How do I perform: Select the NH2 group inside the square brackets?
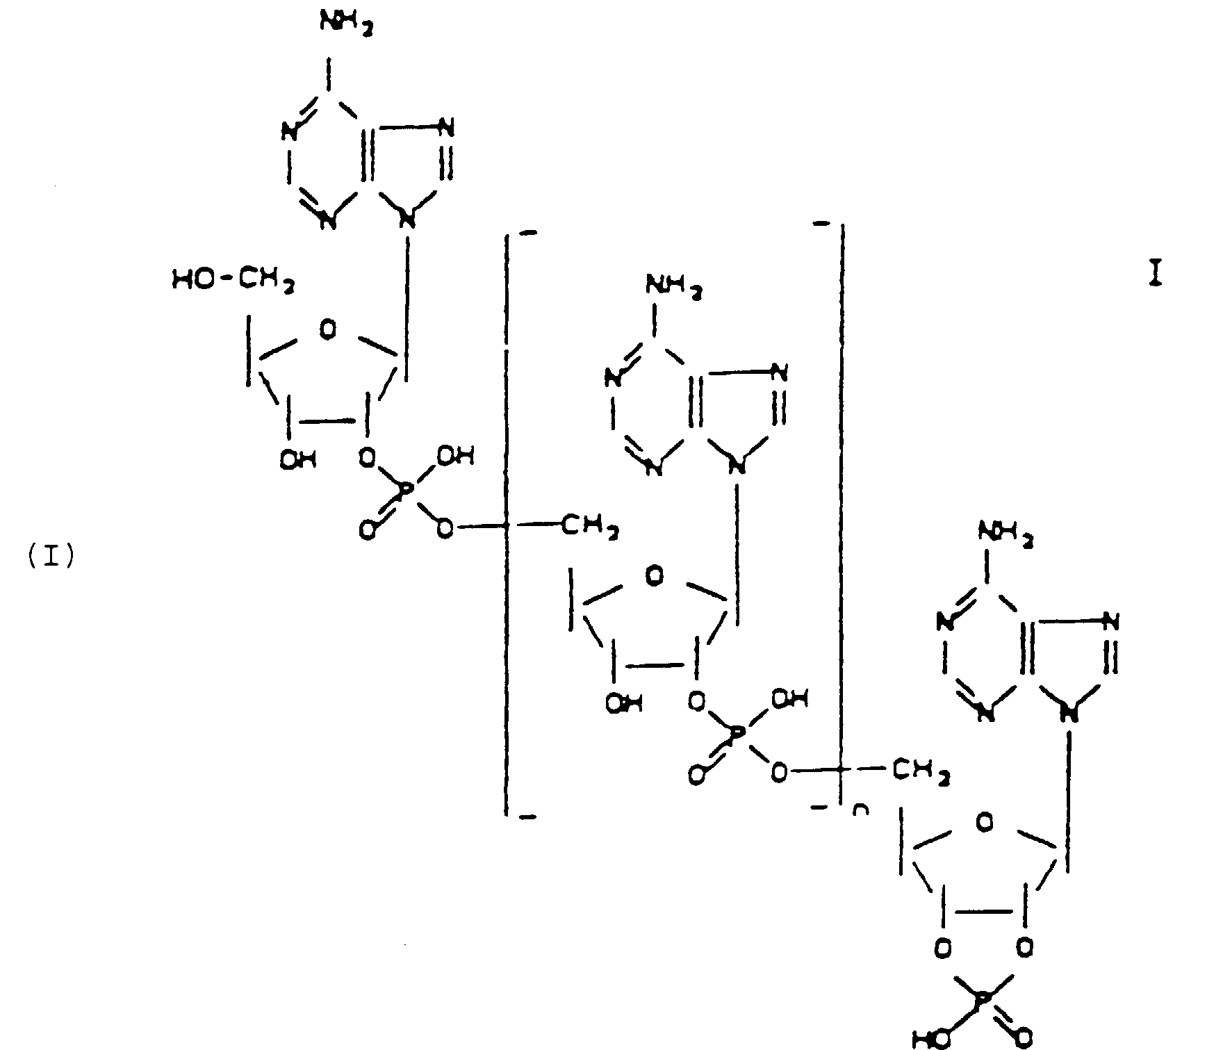tap(673, 285)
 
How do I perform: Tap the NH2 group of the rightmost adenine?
tap(1005, 534)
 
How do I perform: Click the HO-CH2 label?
tap(231, 280)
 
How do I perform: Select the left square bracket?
tap(509, 521)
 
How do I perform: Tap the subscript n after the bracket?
tap(860, 810)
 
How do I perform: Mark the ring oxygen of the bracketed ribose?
tap(654, 576)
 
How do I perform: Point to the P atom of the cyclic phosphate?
tap(984, 999)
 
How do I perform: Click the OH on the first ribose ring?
tap(298, 459)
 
